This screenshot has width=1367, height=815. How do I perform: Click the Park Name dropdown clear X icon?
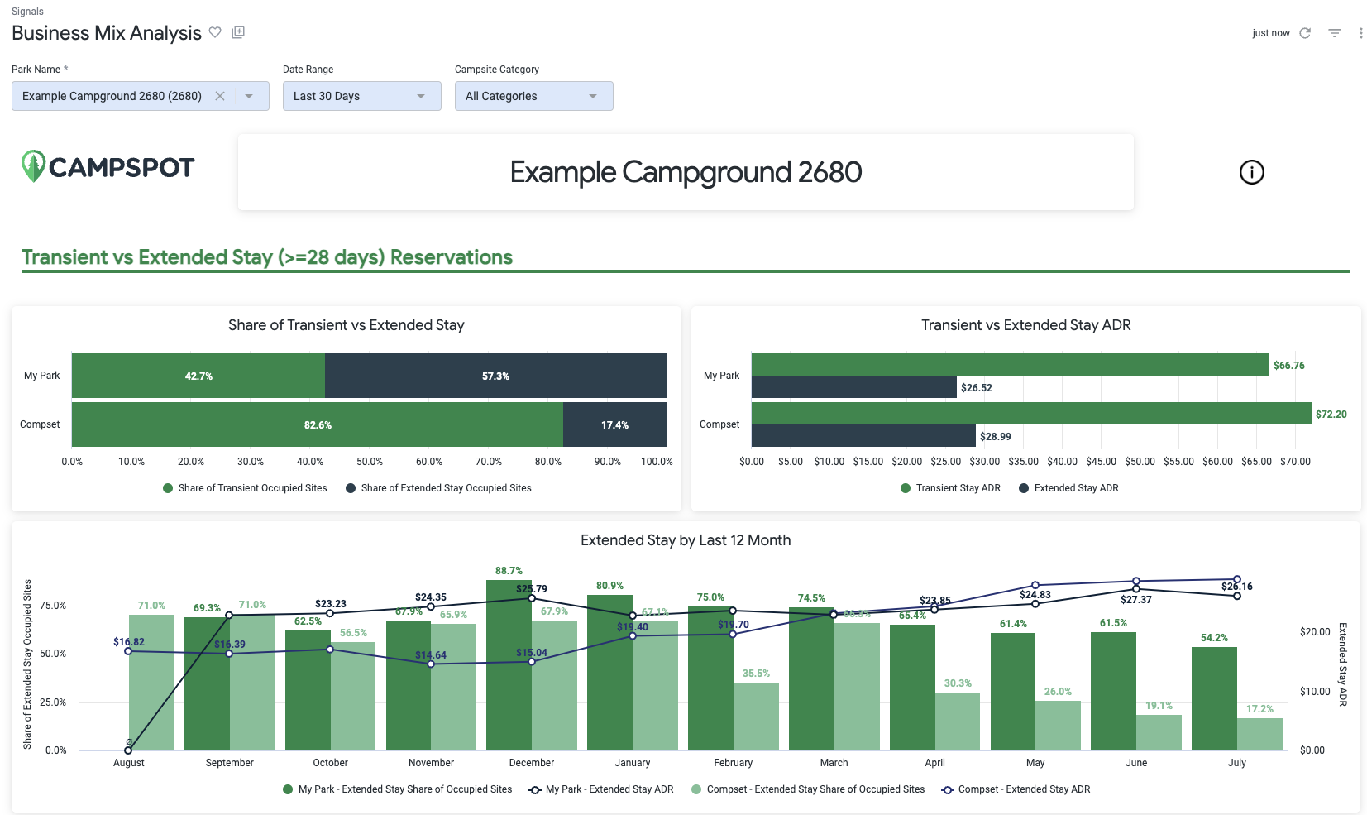[x=220, y=96]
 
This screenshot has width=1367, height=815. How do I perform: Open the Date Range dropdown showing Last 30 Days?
[x=361, y=96]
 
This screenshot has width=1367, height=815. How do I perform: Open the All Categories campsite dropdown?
[x=533, y=96]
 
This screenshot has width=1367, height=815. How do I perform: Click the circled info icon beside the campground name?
[x=1251, y=172]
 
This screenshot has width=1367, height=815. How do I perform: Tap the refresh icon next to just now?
[x=1305, y=33]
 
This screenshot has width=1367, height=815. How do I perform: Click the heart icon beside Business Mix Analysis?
[x=215, y=32]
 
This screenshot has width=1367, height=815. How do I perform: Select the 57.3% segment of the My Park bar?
[x=495, y=376]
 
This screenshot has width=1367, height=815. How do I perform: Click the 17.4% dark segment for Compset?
[x=614, y=424]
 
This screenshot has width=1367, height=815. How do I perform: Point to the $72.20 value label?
[x=1331, y=415]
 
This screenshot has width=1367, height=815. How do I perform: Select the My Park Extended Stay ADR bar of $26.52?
[x=853, y=386]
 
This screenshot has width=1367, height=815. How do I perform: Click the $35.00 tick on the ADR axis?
[x=1023, y=462]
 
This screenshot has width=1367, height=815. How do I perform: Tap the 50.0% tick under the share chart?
[x=370, y=462]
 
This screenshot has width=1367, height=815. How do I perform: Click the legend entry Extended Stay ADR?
[x=1075, y=488]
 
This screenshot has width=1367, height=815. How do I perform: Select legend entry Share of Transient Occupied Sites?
[x=252, y=488]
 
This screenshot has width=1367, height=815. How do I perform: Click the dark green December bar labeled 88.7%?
[x=509, y=662]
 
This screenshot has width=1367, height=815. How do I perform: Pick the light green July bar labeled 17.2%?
[x=1259, y=734]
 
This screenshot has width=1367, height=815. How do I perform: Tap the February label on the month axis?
[x=733, y=763]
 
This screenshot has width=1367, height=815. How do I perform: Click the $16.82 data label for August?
[x=129, y=642]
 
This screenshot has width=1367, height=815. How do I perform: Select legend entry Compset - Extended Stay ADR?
[x=1023, y=789]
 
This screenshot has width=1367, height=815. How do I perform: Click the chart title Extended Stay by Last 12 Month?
[x=685, y=540]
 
